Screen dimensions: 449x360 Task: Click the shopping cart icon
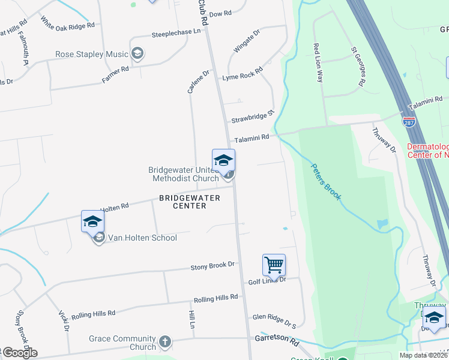pyautogui.click(x=274, y=264)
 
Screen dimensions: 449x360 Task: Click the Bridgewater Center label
pyautogui.click(x=182, y=202)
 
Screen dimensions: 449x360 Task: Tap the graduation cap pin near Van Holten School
pyautogui.click(x=92, y=221)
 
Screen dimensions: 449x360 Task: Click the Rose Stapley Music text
pyautogui.click(x=92, y=55)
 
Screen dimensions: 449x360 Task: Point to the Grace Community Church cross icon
pyautogui.click(x=165, y=343)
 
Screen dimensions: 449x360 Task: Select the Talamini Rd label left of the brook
pyautogui.click(x=252, y=139)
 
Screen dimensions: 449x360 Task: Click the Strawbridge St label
pyautogui.click(x=253, y=116)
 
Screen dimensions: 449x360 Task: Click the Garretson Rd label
pyautogui.click(x=276, y=341)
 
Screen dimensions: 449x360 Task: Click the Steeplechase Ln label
pyautogui.click(x=176, y=32)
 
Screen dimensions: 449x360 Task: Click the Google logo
pyautogui.click(x=19, y=353)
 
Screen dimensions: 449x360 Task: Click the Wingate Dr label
pyautogui.click(x=247, y=41)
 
